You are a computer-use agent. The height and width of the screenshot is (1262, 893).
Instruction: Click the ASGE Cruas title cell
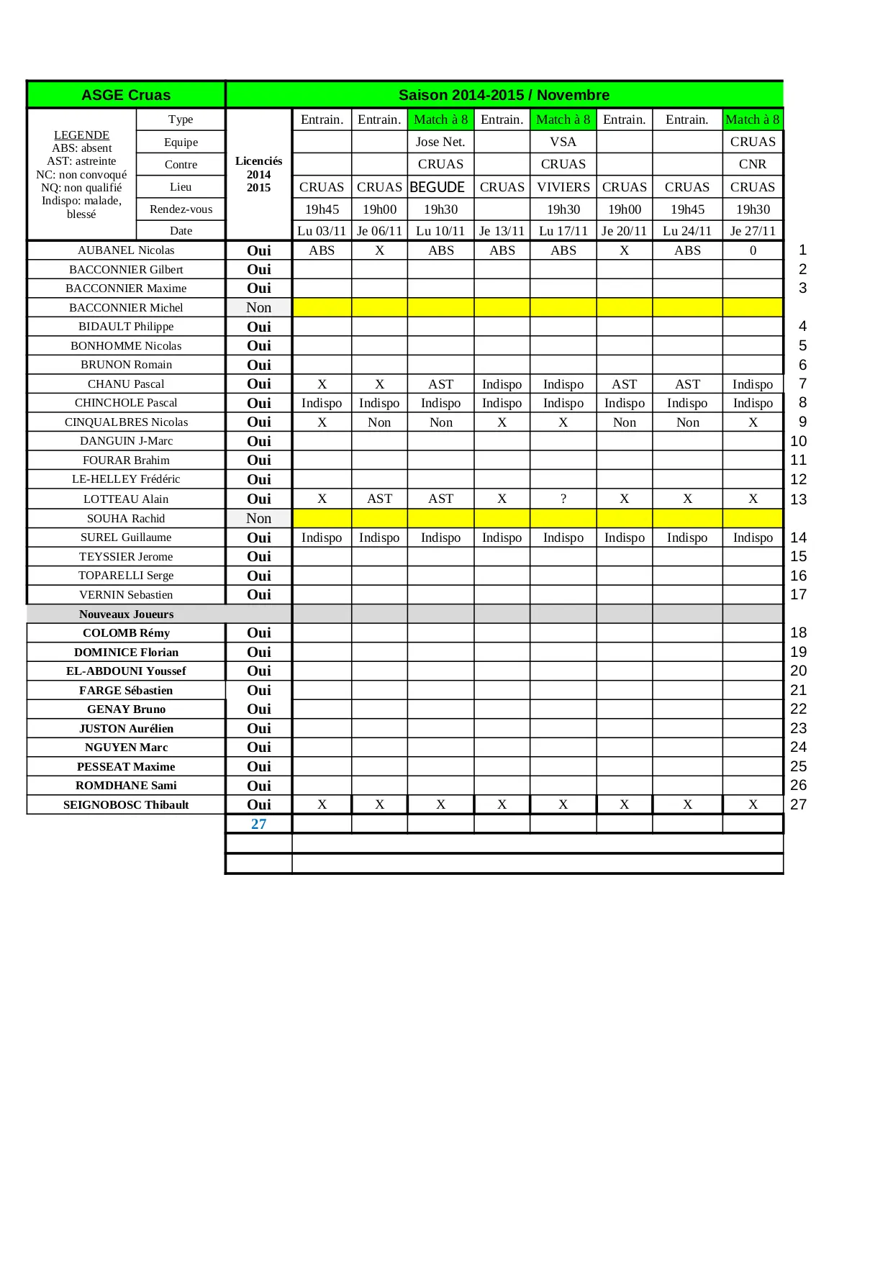pos(126,95)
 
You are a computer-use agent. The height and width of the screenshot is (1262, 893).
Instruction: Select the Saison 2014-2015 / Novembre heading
pos(504,95)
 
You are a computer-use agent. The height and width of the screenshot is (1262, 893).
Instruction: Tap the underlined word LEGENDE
pos(81,135)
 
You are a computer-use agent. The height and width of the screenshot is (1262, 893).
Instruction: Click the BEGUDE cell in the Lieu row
pos(438,187)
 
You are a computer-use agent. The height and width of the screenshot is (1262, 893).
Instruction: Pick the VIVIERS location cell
pos(563,187)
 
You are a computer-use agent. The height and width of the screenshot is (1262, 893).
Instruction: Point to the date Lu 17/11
pos(563,231)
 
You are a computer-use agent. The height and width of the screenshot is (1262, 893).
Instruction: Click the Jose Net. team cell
pos(440,142)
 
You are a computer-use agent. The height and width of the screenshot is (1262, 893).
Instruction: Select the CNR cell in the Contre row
pos(753,164)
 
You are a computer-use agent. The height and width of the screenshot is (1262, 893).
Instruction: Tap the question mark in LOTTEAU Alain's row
pos(563,499)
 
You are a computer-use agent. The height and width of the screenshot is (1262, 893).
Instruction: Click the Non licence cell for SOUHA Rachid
pos(259,518)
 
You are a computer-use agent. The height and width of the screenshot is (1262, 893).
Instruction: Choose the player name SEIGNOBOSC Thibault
pos(126,804)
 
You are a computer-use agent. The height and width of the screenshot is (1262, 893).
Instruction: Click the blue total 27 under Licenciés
pos(259,824)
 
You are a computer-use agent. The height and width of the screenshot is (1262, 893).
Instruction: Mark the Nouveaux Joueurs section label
pos(126,614)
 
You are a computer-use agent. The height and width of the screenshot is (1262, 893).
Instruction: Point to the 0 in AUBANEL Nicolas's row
pos(753,250)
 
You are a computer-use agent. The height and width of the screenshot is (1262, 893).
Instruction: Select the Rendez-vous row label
pos(181,209)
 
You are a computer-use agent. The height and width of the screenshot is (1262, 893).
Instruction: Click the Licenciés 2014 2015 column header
pos(259,174)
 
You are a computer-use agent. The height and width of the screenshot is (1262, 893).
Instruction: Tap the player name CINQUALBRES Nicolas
pos(126,422)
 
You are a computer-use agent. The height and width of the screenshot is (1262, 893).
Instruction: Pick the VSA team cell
pos(563,142)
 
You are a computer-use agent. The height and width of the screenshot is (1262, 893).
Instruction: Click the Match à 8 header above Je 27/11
pos(753,119)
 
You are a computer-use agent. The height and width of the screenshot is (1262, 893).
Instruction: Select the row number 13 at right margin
pos(799,499)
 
